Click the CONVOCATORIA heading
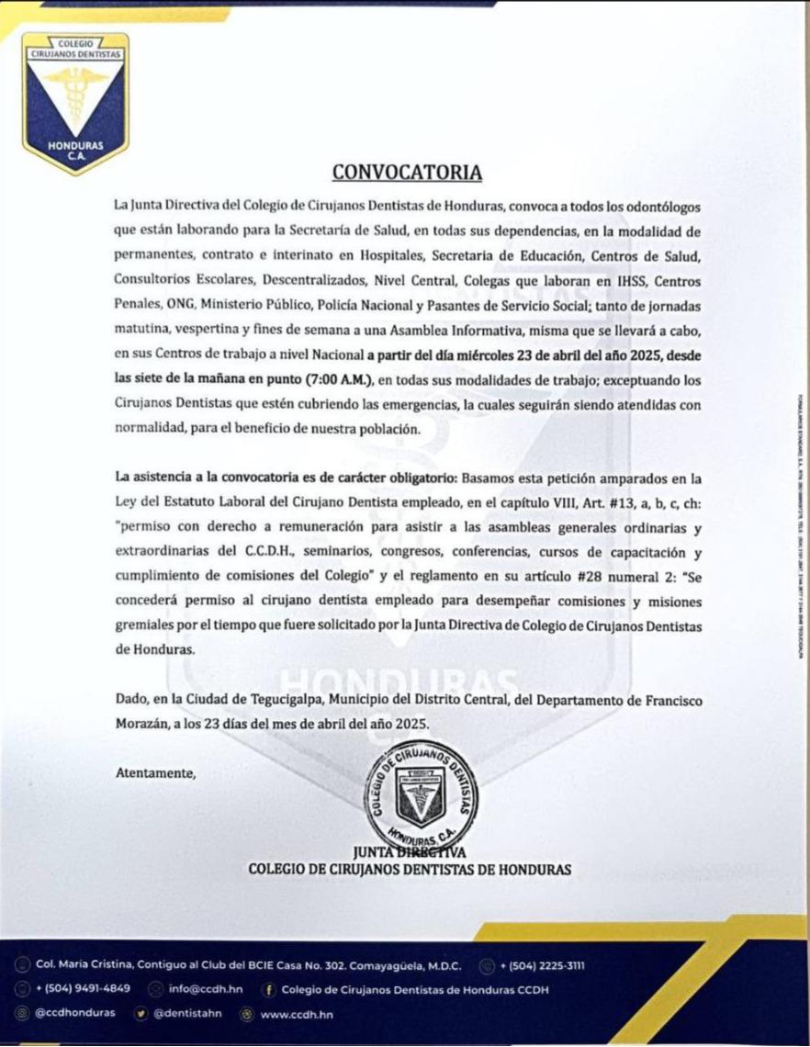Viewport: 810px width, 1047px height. pos(406,173)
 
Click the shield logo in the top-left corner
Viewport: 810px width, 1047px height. pos(75,102)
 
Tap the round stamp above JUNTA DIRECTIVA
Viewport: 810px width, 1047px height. pos(422,791)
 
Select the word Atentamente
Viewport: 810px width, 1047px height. pos(156,773)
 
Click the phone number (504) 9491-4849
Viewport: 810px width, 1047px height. pos(83,989)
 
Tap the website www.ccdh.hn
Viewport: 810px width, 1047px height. pos(297,1014)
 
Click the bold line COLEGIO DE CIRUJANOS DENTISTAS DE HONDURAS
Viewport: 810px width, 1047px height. pos(410,869)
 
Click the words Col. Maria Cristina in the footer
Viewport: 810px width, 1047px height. pos(84,965)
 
